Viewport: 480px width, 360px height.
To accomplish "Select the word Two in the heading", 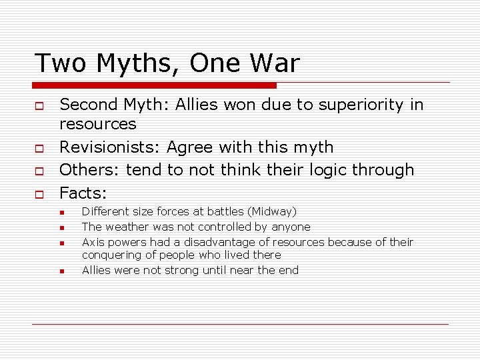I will [x=59, y=63].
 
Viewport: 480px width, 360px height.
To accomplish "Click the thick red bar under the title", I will [x=154, y=85].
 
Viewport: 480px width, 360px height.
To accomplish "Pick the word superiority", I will [x=351, y=105].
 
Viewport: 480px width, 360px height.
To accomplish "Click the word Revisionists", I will [x=110, y=147].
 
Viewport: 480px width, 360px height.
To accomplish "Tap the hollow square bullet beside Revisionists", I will [x=39, y=148].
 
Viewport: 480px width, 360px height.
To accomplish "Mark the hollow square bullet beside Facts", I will [x=39, y=195].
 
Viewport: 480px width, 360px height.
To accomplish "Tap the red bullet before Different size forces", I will [x=61, y=213].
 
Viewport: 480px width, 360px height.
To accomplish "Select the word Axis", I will [x=93, y=242].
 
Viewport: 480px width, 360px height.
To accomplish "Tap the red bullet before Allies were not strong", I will [x=61, y=271].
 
